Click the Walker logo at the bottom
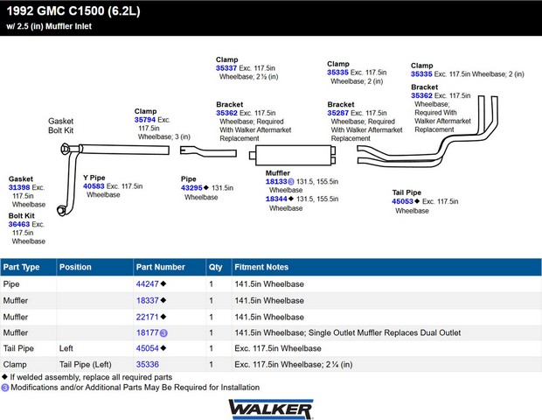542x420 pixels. (x=271, y=409)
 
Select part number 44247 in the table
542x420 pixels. (x=147, y=284)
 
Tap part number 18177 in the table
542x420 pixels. (x=147, y=332)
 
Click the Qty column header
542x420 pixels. (x=215, y=267)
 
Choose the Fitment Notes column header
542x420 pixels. (x=261, y=267)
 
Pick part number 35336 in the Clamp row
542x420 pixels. (x=147, y=364)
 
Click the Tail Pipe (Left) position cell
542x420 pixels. (x=86, y=364)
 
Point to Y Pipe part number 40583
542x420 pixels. (x=94, y=186)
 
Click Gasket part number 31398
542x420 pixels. (x=19, y=187)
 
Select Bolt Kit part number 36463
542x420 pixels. (x=19, y=224)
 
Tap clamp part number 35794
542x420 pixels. (x=145, y=120)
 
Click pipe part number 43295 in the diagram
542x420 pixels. (x=191, y=188)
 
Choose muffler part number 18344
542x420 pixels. (x=276, y=199)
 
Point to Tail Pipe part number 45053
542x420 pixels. (x=402, y=201)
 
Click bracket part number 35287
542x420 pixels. (x=338, y=113)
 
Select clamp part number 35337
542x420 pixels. (x=226, y=68)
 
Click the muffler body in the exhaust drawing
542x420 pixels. (x=293, y=155)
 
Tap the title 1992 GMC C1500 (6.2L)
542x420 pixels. (x=73, y=11)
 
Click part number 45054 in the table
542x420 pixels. (x=147, y=348)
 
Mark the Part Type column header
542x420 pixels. (x=22, y=267)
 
